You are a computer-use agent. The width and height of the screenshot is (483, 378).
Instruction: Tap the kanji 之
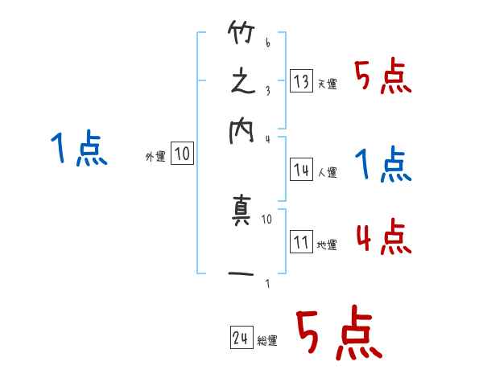242,82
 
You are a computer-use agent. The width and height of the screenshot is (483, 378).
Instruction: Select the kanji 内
242,131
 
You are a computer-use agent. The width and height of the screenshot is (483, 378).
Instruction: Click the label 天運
328,84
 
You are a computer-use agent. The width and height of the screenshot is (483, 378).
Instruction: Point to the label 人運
328,172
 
